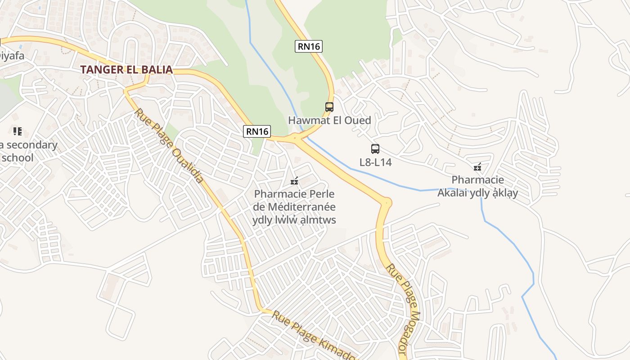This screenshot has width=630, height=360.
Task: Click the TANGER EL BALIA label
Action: (x=126, y=70)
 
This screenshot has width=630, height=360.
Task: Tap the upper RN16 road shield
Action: (x=309, y=46)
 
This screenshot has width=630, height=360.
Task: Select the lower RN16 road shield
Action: (x=257, y=131)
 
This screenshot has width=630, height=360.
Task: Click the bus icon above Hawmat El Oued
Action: (x=329, y=107)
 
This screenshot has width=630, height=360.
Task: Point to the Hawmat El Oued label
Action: (x=329, y=121)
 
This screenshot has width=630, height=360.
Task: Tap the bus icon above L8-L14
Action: (x=375, y=149)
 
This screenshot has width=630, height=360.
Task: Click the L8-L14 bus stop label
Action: (x=375, y=162)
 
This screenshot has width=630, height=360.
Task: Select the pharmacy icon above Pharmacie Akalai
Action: (x=477, y=167)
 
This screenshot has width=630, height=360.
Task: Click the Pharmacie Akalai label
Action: (x=478, y=186)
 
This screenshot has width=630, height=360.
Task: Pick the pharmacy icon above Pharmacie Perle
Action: (x=295, y=181)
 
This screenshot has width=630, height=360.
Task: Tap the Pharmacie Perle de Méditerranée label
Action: (x=295, y=207)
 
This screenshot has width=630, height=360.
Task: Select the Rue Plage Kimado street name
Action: (x=313, y=335)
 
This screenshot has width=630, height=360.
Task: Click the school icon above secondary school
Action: (x=18, y=131)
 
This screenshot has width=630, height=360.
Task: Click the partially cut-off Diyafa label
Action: (x=12, y=56)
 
